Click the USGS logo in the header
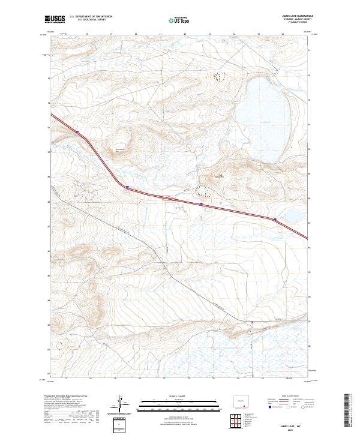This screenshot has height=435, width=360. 55,19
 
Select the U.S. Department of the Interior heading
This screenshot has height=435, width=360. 91,17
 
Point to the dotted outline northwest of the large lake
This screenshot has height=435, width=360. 221,76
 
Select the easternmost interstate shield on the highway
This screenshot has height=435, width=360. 275,220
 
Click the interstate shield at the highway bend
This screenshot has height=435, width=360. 127,187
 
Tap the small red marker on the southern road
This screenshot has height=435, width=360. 252,322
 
